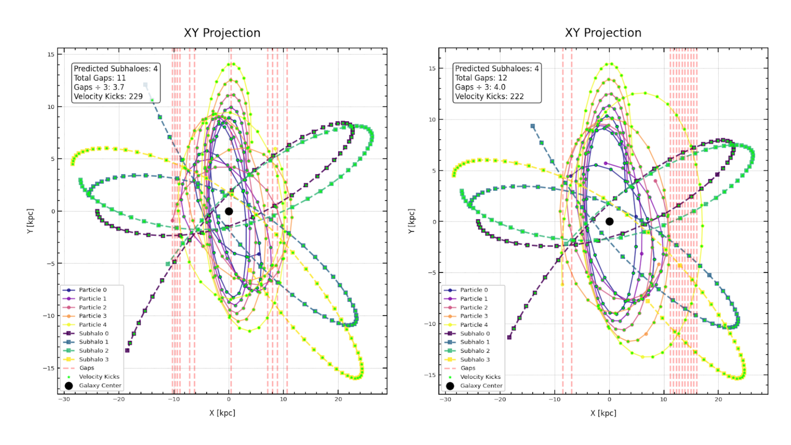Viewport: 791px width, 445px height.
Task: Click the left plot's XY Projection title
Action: tap(222, 33)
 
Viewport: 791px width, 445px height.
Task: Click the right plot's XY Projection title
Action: tap(603, 33)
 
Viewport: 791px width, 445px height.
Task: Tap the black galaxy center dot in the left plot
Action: tap(229, 211)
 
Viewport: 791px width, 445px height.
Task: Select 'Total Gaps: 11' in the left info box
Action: tap(100, 78)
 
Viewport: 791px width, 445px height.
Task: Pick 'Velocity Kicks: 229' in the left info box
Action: tap(108, 96)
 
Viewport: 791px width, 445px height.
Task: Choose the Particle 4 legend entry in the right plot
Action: tap(474, 325)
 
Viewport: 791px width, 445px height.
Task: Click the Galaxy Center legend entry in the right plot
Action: tap(481, 386)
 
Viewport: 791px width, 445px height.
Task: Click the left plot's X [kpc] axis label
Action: tap(222, 413)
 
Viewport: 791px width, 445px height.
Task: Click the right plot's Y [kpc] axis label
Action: tap(411, 221)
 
